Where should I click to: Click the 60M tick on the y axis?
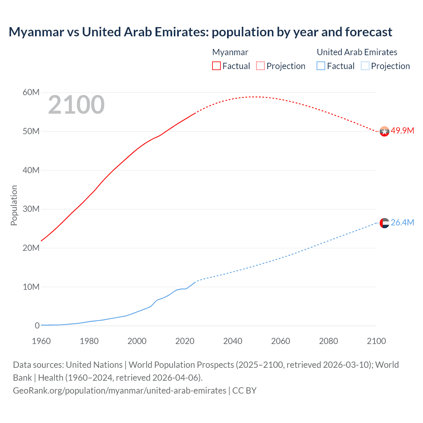coord(31,93)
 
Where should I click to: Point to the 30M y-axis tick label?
coord(31,209)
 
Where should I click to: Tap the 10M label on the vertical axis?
coord(31,287)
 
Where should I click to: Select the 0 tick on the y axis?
coord(37,326)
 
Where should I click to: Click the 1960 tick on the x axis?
coord(41,341)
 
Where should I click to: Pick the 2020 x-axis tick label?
coord(185,341)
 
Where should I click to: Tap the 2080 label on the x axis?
coord(328,341)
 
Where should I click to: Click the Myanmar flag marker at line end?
coord(384,132)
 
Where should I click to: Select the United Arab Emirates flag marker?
coord(384,223)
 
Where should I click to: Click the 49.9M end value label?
coord(402,131)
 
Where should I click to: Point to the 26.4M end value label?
coord(402,223)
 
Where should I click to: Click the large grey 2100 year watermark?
coord(76,105)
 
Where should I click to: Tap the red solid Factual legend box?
coord(216,66)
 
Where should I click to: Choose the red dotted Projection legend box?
coord(260,66)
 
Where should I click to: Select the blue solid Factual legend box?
coord(321,66)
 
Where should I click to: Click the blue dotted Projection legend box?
coord(365,66)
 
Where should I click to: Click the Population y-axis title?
coord(14,206)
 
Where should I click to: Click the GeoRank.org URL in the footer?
coord(120,391)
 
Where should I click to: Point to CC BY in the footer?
coord(244,391)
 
